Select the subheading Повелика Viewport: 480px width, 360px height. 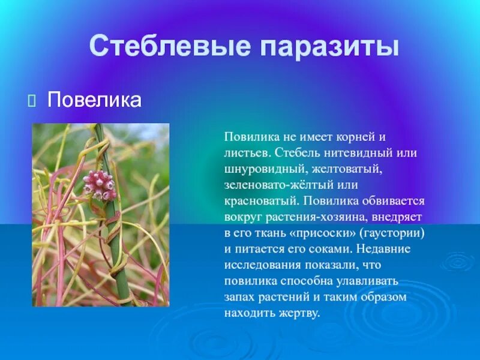point(94,100)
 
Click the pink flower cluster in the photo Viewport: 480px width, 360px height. point(100,184)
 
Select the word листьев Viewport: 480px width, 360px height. point(245,153)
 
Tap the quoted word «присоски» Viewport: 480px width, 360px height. point(314,233)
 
